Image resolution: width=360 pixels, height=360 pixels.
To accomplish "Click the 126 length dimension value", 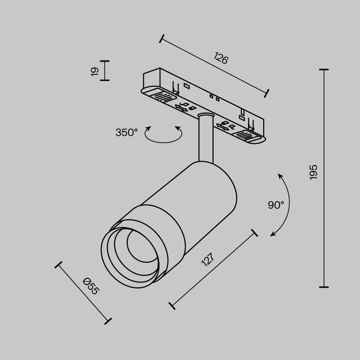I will [221, 58].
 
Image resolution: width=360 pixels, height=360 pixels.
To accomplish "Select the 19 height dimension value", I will [95, 71].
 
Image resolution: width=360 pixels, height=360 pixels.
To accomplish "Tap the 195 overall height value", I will [314, 172].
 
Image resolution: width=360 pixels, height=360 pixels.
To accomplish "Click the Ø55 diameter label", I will [90, 286].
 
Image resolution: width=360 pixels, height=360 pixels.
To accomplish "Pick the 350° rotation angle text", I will [126, 132].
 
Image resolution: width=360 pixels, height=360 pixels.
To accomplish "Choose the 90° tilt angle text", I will [276, 205].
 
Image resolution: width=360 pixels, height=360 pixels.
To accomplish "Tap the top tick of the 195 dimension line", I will [324, 69].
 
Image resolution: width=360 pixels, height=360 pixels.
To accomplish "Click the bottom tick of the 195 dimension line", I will [324, 287].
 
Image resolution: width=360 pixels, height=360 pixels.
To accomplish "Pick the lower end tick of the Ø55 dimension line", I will [108, 321].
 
